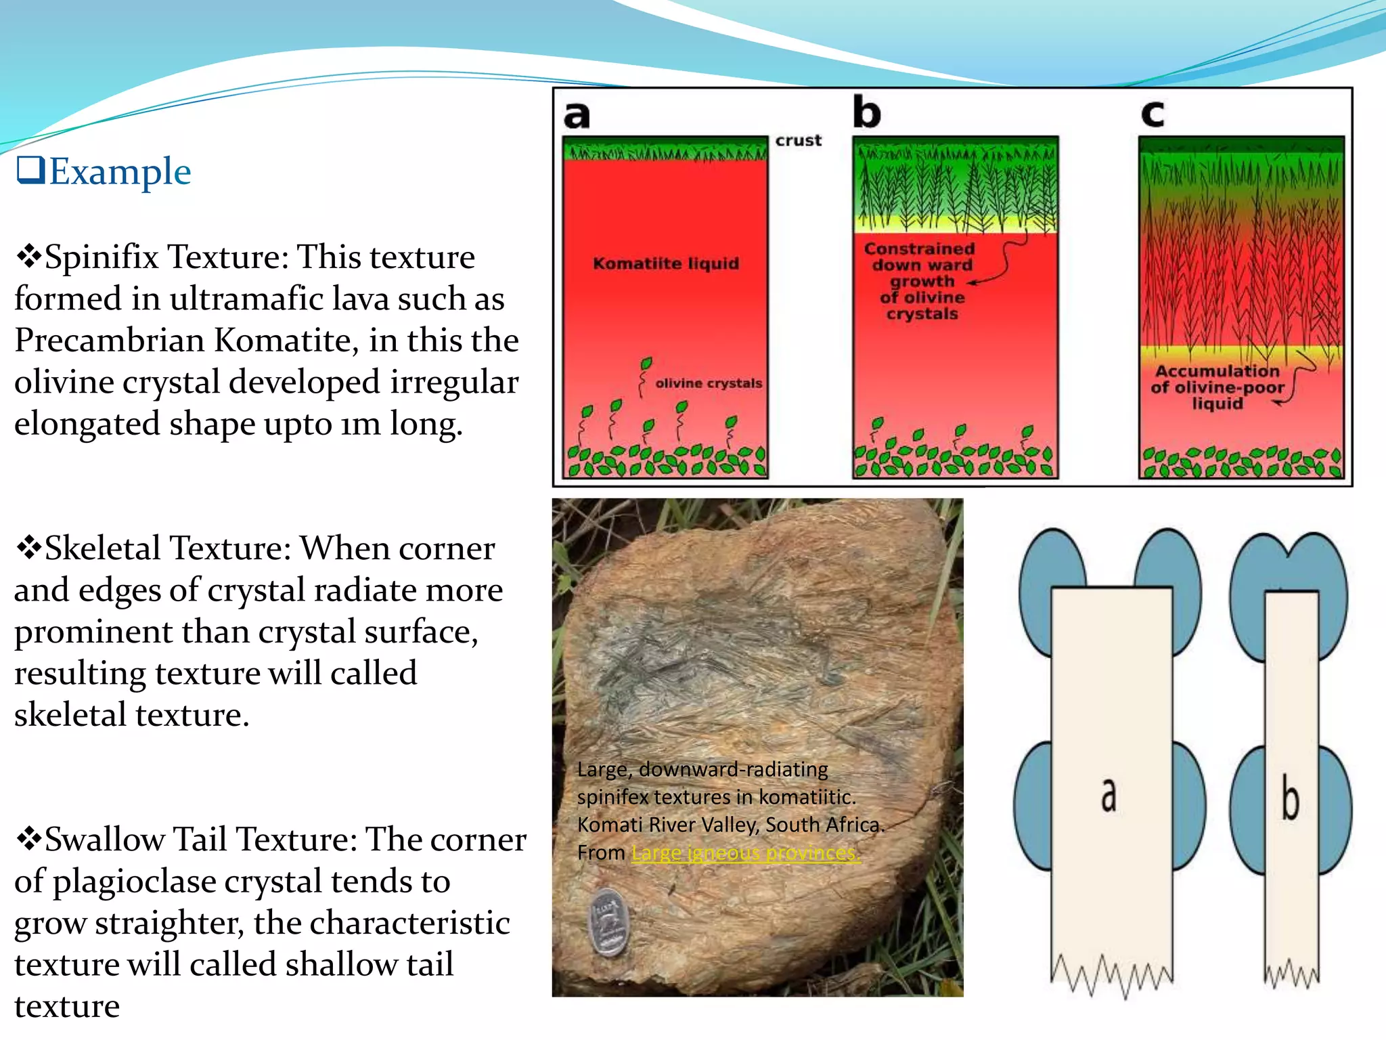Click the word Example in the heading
click(120, 172)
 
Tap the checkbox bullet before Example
click(30, 170)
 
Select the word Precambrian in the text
click(110, 341)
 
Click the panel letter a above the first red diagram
click(577, 115)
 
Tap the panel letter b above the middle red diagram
click(866, 112)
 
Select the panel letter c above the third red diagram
click(1153, 114)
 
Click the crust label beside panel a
click(798, 141)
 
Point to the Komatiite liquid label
click(666, 263)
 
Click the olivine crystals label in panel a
click(708, 383)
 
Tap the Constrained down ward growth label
click(921, 281)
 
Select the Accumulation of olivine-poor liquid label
click(1217, 387)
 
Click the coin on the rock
click(608, 922)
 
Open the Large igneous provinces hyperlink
click(746, 853)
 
